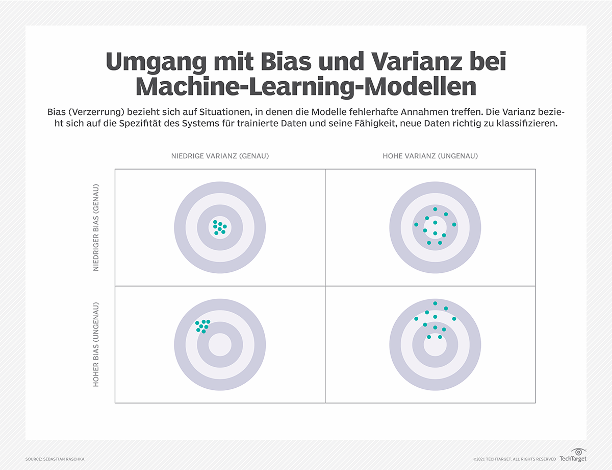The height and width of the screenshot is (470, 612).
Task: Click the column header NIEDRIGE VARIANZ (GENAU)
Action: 220,156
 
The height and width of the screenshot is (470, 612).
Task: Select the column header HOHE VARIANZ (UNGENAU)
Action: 430,156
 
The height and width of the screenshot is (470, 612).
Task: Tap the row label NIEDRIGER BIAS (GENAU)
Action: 96,227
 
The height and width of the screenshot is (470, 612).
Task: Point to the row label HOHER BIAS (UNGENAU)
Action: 96,344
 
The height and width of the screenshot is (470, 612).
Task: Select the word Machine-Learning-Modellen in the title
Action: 306,87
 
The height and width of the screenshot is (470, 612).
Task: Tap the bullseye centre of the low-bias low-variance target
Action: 220,227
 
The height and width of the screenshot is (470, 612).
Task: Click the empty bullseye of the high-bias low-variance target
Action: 220,344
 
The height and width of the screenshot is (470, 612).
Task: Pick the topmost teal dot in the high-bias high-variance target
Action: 435,303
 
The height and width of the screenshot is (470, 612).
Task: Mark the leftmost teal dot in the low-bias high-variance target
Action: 416,225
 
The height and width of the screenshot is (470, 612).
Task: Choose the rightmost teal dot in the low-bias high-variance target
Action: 454,225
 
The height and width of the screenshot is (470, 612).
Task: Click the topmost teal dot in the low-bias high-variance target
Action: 435,209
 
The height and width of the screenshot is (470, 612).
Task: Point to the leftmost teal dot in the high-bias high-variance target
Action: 416,319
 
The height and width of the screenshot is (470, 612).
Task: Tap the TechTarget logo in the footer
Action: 572,456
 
